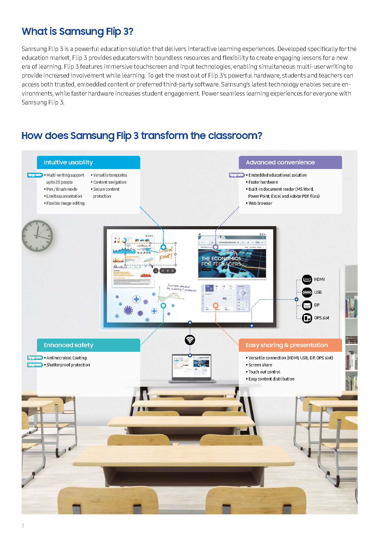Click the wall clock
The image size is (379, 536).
pos(37,236)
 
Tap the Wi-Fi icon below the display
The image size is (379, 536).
pos(190,340)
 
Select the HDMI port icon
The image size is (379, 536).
pos(307,279)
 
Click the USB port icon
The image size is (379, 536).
pos(307,292)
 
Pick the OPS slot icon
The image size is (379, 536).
pos(307,318)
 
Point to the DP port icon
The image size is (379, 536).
pos(307,305)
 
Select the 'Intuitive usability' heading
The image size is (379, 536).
pos(68,163)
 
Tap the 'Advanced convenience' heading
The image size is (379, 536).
pos(280,163)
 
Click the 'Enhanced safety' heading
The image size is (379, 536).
pos(68,345)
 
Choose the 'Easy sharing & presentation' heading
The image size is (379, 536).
pos(286,345)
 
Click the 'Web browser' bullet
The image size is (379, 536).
pos(260,203)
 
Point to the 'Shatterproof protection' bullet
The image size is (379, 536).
pos(68,365)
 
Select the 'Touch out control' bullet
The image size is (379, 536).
pos(264,372)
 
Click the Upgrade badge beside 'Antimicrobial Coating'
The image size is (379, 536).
pos(35,358)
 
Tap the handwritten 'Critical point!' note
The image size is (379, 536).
pos(166,253)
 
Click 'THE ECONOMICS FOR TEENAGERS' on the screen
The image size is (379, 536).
pos(221,261)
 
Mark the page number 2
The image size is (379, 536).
pos(23,526)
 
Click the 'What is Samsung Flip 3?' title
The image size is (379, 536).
pos(77,31)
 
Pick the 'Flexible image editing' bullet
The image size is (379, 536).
pos(65,203)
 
